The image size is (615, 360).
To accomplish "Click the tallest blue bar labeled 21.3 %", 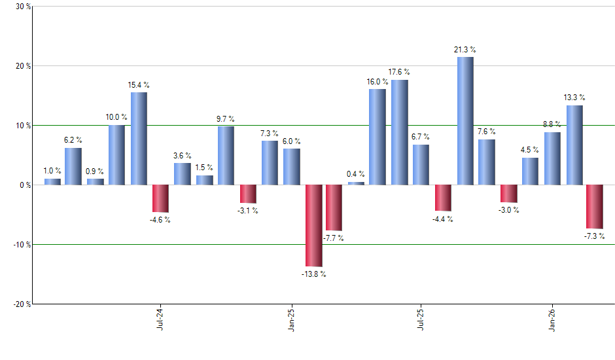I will [465, 121].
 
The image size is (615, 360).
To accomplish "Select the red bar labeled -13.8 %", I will [313, 225].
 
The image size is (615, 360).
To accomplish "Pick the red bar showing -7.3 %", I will [595, 206].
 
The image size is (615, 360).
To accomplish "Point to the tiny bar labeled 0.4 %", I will [356, 183].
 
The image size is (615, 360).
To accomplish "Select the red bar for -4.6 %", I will [160, 198].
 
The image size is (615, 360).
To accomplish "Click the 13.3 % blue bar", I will [574, 145].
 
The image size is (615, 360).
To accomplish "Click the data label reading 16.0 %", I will [378, 82].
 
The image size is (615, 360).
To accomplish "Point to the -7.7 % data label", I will [334, 238].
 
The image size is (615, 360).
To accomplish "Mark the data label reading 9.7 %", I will [226, 119].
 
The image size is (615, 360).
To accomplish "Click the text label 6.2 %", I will [73, 141].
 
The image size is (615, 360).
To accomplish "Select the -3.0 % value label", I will [509, 210].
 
